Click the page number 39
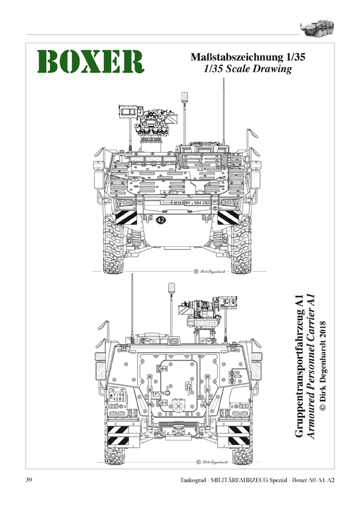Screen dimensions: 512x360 point(30,480)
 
